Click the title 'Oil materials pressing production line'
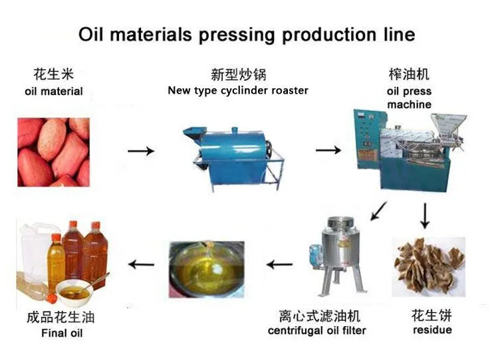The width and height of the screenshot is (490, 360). [247, 35]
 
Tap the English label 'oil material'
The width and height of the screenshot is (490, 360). [54, 92]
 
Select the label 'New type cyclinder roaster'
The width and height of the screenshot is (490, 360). [238, 90]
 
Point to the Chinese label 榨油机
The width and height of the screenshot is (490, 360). [409, 74]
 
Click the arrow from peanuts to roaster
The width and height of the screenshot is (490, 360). [141, 151]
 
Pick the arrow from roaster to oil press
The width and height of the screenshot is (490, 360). [328, 150]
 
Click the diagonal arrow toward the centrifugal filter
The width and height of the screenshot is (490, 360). [378, 211]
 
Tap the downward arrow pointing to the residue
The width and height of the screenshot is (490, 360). [425, 216]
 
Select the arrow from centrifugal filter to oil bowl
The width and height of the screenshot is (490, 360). [279, 264]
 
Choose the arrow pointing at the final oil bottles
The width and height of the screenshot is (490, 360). [141, 264]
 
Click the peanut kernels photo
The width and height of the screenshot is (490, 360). [53, 152]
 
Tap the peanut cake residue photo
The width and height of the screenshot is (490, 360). [429, 267]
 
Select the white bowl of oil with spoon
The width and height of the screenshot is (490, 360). [75, 292]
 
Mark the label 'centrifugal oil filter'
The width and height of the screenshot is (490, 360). [317, 331]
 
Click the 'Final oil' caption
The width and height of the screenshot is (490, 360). [62, 333]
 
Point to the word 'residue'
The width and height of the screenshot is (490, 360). [432, 329]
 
